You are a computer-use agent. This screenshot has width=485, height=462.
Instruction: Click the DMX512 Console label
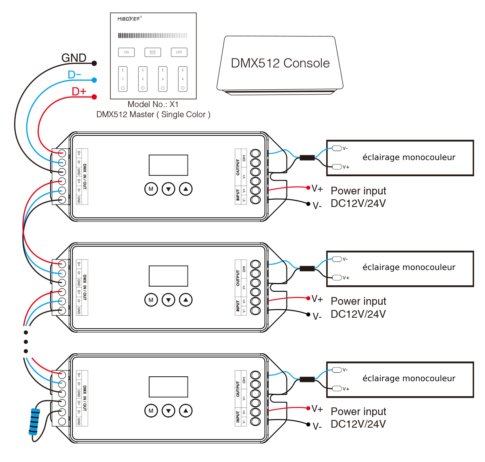click(280, 63)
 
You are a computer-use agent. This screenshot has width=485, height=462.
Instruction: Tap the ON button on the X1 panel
click(126, 52)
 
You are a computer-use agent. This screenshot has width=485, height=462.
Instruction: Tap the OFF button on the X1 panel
click(179, 52)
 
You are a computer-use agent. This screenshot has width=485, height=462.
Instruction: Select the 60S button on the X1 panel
click(153, 52)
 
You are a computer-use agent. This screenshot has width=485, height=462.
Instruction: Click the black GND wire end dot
click(94, 63)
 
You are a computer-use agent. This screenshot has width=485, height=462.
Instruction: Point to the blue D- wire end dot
click(94, 80)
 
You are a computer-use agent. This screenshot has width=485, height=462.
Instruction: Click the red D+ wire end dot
click(94, 97)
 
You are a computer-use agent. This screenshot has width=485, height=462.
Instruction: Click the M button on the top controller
click(151, 189)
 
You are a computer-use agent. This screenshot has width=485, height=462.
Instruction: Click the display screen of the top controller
click(168, 165)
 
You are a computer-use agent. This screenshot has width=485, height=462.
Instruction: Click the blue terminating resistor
click(35, 422)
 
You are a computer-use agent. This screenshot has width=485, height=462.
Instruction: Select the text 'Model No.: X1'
click(153, 104)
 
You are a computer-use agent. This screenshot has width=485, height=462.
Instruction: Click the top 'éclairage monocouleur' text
click(409, 157)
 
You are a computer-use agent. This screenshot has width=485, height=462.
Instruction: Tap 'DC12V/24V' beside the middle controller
click(358, 314)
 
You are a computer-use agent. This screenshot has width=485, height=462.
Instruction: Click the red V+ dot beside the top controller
click(308, 188)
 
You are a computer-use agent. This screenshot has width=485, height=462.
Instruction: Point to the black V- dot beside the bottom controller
click(308, 424)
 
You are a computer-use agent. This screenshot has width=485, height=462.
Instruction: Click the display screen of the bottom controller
click(168, 387)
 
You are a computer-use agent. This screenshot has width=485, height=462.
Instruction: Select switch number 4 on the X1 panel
click(183, 79)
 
